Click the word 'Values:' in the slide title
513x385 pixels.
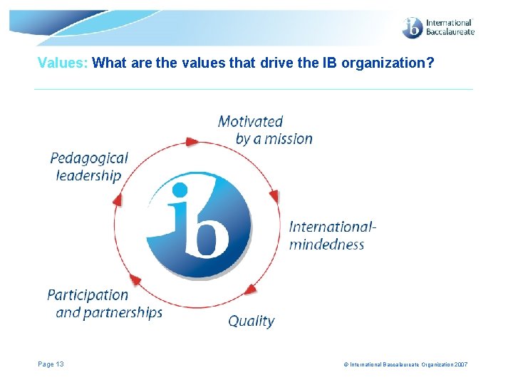[63, 63]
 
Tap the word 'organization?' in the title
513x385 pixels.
[388, 63]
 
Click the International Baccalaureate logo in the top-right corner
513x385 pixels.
[437, 28]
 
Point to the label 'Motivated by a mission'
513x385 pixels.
[265, 130]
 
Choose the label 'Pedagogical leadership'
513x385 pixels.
[89, 167]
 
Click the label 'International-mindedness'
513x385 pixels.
[332, 235]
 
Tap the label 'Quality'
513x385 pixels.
[251, 321]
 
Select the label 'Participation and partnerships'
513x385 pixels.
[105, 304]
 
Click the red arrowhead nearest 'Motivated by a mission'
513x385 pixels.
[192, 142]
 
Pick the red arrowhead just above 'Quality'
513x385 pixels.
[250, 289]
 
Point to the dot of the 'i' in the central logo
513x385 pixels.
[180, 190]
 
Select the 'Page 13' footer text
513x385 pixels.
[51, 364]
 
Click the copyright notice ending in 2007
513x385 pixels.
[405, 365]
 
